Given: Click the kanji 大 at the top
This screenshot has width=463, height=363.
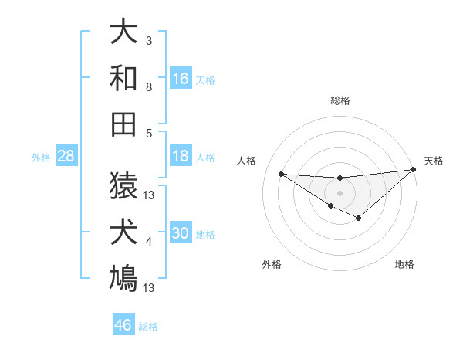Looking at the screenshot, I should point(123,32).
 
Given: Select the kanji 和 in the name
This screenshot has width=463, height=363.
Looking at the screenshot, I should point(123,77).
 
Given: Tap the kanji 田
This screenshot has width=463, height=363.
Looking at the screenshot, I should point(123,123).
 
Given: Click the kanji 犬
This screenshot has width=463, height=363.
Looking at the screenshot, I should point(123,232).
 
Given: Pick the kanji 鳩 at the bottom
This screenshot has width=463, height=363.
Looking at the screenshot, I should point(123,277).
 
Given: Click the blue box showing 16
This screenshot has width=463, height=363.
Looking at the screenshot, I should point(181,78).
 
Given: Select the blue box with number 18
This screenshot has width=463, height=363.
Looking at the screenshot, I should point(181,156).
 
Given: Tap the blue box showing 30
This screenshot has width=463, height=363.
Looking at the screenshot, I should point(181,233).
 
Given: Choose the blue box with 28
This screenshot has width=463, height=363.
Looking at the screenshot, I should point(66,156).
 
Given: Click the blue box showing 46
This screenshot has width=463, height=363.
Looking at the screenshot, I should point(123,325).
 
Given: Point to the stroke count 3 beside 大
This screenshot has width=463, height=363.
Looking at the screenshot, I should point(149,40).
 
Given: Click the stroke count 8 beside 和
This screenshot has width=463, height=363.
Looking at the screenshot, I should point(149,87).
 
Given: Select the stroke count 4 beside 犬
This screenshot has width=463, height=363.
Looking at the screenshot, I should point(149,242).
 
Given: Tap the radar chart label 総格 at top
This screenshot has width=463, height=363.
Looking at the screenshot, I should point(340,100).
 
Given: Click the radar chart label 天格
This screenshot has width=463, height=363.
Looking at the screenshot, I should point(434,161).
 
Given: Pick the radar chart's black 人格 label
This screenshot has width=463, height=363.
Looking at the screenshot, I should point(247,161).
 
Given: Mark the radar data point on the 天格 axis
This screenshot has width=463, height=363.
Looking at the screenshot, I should point(414,170).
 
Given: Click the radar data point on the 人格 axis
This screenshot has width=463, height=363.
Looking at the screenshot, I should point(281,173).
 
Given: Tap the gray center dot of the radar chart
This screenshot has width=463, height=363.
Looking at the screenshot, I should point(340,192).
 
